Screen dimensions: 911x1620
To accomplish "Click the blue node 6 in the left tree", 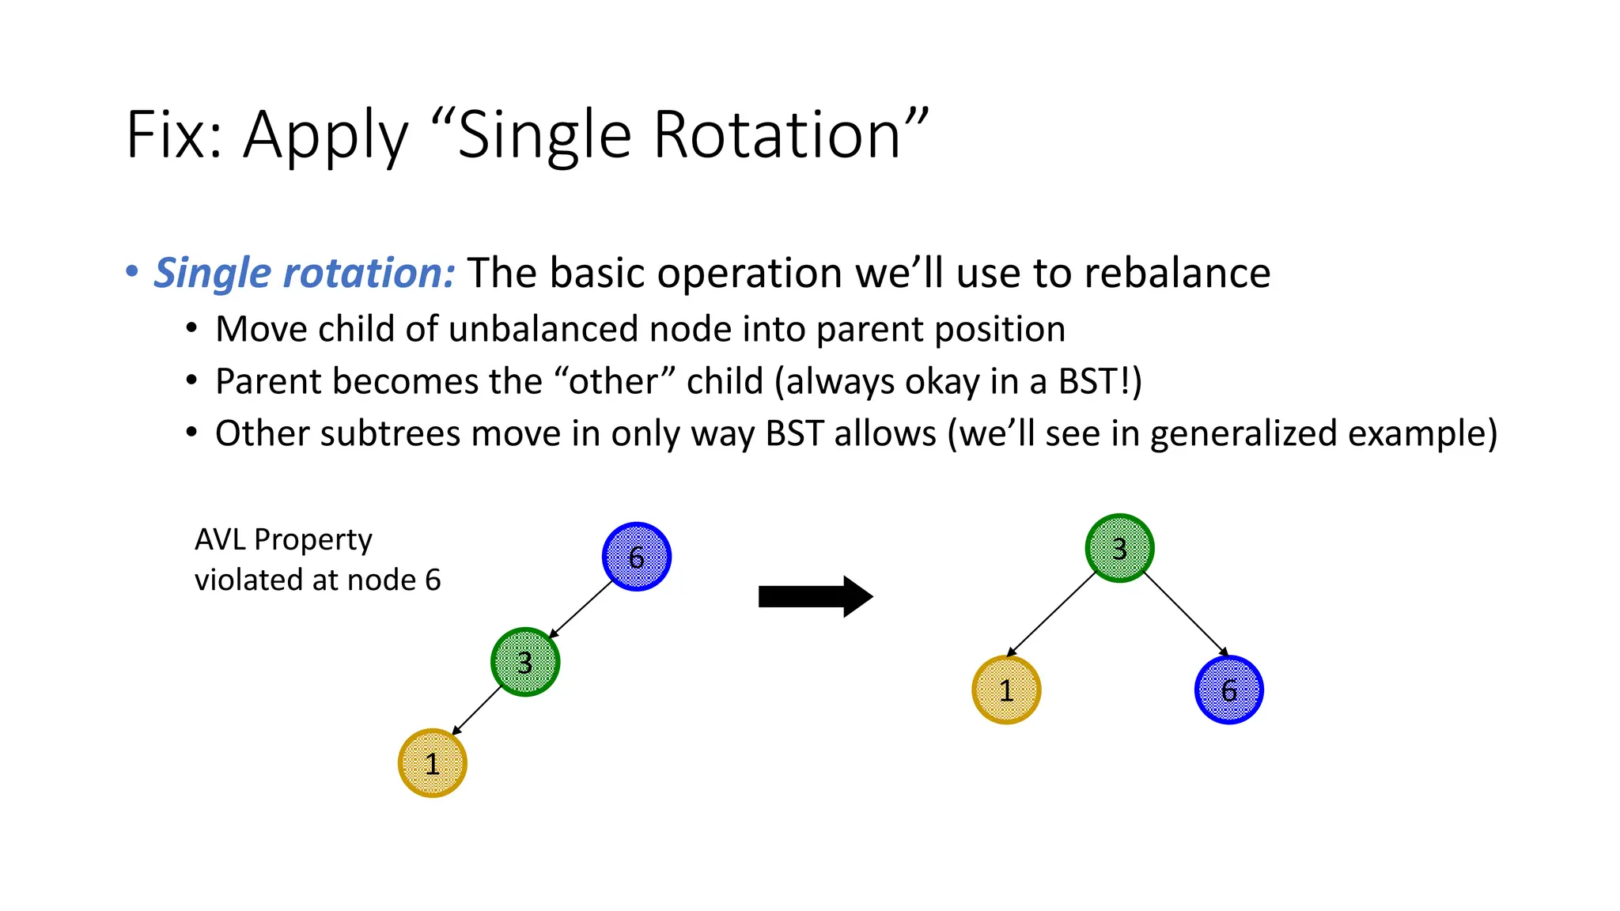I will tap(637, 557).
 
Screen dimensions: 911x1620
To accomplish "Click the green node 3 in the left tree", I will tap(525, 662).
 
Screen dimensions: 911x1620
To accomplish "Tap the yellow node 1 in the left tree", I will tap(432, 763).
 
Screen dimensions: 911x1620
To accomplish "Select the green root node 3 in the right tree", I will tap(1119, 548).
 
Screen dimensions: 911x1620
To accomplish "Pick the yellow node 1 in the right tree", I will tap(1006, 690).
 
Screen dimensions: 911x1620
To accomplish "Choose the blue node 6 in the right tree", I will tap(1228, 690).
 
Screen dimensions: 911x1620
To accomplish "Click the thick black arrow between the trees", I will tap(815, 596).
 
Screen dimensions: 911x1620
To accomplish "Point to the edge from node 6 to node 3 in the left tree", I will tap(581, 610).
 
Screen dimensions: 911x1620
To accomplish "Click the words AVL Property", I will tap(283, 539).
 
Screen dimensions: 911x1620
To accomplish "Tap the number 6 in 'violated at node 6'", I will tap(433, 580).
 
